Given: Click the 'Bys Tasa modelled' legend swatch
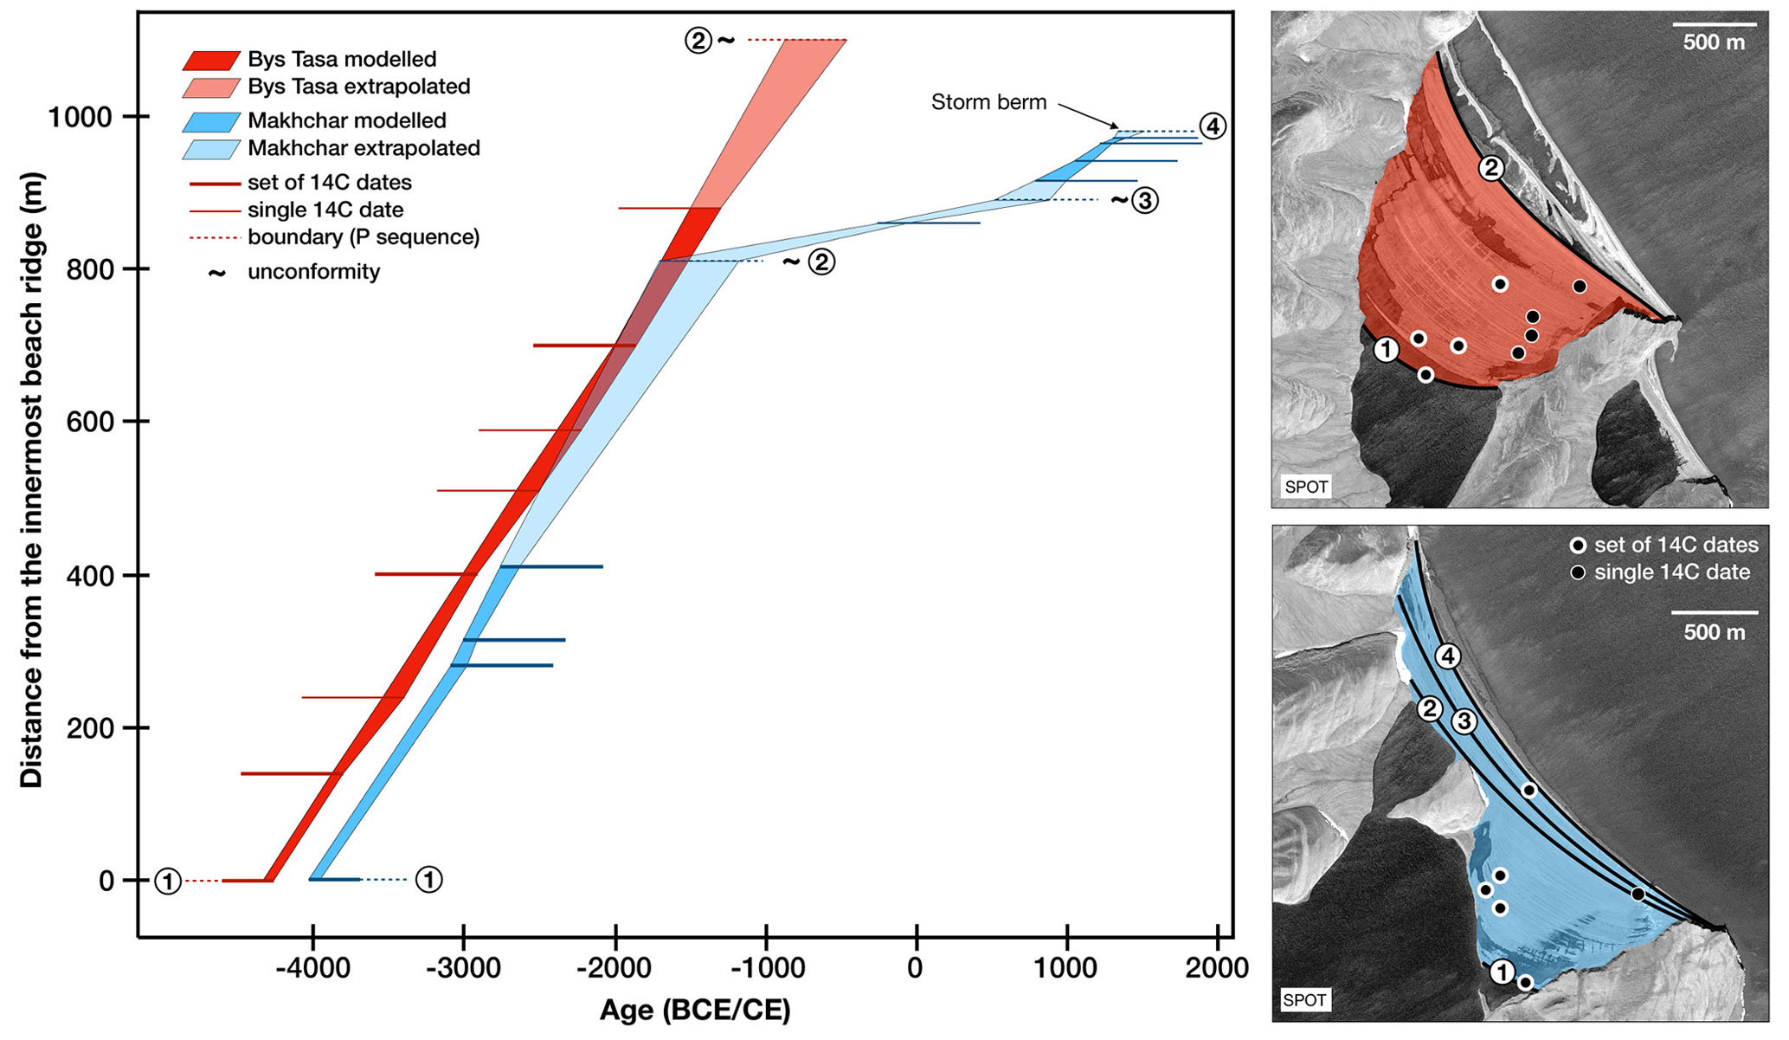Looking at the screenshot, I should point(210,60).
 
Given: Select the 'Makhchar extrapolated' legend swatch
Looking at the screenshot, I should point(210,149).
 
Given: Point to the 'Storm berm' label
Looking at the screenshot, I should point(988,102).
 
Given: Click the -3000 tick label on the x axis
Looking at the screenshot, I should point(463,968).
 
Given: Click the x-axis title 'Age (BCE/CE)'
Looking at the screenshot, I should point(695,1010).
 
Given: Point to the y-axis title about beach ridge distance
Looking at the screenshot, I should point(31,480).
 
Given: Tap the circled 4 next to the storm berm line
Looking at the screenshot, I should point(1213,126).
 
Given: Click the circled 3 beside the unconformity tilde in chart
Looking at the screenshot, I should point(1144,201).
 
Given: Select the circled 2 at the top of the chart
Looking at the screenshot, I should point(698,40).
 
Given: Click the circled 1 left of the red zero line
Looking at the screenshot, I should point(168,882).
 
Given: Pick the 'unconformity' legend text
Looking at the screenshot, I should point(313,272).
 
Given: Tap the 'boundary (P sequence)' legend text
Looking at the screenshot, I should point(364,236).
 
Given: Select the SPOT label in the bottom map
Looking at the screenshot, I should point(1305,1000).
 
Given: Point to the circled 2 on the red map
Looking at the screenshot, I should point(1490,168).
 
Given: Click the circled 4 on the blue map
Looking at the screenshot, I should point(1448,656).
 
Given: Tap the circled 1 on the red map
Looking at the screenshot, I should point(1387,350).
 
